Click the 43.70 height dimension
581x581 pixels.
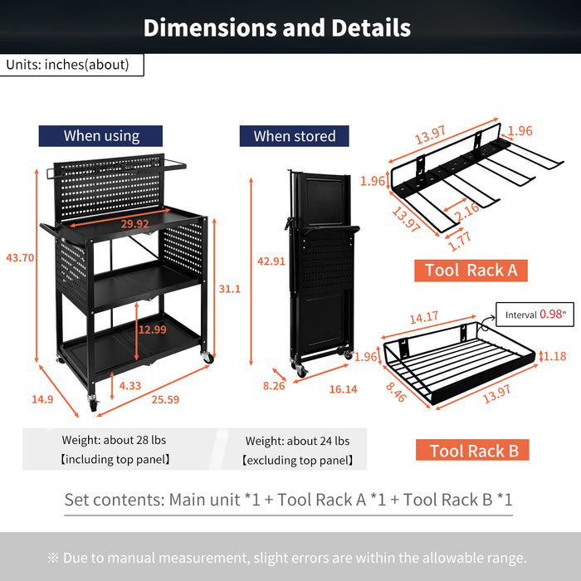click(20, 258)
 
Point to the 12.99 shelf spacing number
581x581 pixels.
click(152, 330)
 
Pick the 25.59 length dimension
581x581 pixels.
click(164, 399)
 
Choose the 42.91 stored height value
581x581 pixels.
click(271, 261)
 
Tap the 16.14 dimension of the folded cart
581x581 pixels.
click(342, 388)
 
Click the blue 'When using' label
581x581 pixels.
click(101, 136)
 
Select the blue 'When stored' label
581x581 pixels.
click(295, 136)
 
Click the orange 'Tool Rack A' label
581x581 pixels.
click(471, 270)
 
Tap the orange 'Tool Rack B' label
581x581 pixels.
click(473, 451)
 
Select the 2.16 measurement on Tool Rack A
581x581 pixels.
click(466, 210)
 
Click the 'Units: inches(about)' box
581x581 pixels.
click(72, 65)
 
